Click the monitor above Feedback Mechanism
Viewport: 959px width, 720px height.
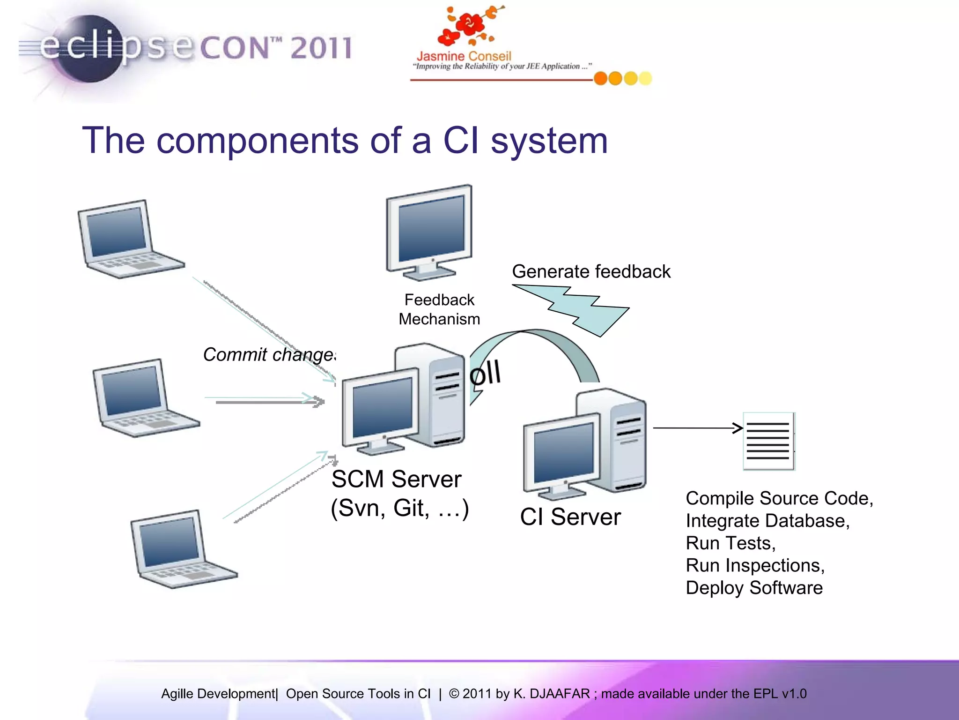point(429,232)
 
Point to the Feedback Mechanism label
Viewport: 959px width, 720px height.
point(439,309)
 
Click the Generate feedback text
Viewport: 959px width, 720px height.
point(591,271)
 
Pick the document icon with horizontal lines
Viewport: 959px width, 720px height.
point(768,441)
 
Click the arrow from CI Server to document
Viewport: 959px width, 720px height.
point(698,428)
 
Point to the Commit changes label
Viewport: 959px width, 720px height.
point(269,355)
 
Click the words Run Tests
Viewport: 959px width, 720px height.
point(730,543)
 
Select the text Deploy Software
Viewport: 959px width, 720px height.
point(754,588)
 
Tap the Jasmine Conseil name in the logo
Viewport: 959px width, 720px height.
point(464,56)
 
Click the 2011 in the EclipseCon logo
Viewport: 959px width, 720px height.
point(321,48)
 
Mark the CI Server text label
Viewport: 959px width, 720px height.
point(570,517)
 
